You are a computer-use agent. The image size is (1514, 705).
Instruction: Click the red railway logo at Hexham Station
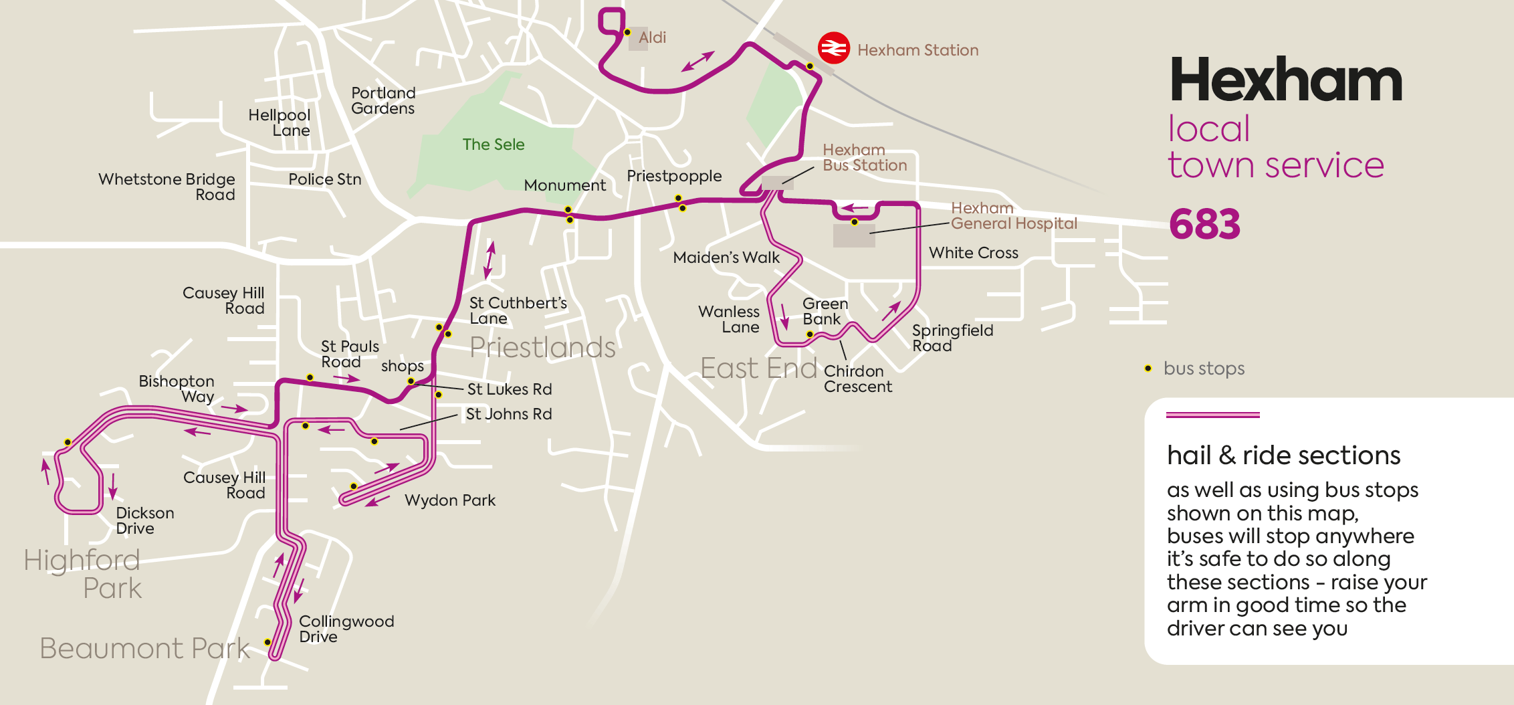[833, 48]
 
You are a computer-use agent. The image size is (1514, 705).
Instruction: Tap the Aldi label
[652, 37]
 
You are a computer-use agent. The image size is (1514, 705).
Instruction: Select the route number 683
[1204, 224]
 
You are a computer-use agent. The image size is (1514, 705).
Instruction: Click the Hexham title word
[1285, 80]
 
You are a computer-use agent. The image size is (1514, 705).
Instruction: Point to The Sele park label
[494, 144]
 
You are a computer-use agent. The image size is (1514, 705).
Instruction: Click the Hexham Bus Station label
[864, 158]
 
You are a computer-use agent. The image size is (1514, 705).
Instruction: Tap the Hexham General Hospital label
[1014, 216]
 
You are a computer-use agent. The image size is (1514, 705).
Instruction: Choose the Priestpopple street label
[674, 176]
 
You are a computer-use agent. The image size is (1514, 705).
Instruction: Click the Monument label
[564, 185]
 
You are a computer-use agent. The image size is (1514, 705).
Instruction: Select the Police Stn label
[324, 179]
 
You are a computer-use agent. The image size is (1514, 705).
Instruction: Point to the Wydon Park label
[450, 500]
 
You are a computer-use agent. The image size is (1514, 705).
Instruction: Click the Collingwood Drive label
[346, 629]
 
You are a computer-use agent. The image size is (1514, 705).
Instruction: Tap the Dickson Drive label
[144, 520]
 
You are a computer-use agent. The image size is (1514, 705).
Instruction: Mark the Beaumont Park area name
[144, 648]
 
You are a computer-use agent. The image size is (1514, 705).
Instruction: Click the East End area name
[758, 369]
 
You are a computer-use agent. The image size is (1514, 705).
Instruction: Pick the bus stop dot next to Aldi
[627, 32]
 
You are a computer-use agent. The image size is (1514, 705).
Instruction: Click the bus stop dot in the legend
[1148, 369]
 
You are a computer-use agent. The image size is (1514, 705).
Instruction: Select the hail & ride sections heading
[1283, 456]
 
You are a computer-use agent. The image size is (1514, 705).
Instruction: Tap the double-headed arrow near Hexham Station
[698, 61]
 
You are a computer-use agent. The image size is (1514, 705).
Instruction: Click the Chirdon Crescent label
[857, 379]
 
